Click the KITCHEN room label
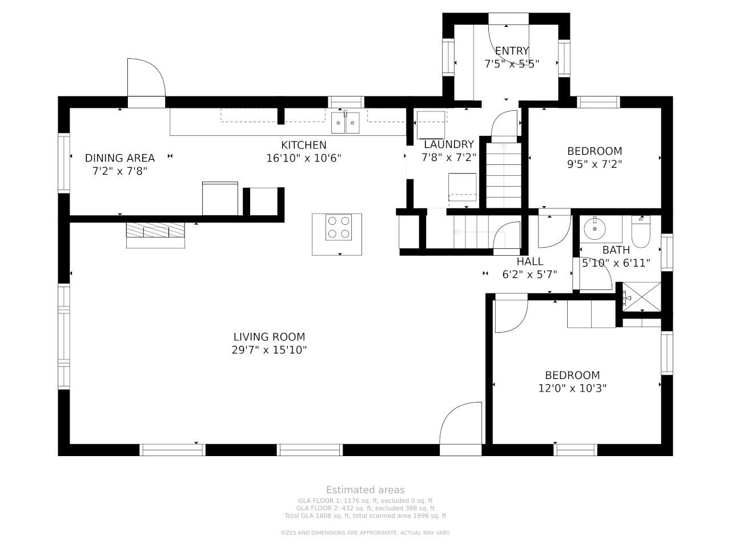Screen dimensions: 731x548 [303, 145]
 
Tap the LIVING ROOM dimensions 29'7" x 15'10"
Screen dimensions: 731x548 [269, 350]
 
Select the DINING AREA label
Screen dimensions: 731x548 [120, 158]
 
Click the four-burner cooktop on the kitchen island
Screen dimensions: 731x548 [338, 227]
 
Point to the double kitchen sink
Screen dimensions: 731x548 [346, 122]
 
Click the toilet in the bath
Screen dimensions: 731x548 [640, 232]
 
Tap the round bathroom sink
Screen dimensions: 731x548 [595, 228]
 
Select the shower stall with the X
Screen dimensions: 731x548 [641, 297]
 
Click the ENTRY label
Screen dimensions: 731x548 [512, 51]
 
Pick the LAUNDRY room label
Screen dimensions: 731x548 [448, 144]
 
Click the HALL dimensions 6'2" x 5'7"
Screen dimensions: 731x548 [529, 275]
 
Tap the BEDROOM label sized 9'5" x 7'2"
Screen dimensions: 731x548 [595, 151]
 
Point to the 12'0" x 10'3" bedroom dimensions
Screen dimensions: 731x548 [572, 388]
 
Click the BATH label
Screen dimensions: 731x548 [616, 250]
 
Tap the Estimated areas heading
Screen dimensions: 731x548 [365, 490]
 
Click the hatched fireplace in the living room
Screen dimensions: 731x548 [155, 230]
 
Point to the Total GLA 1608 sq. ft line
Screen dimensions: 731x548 [365, 515]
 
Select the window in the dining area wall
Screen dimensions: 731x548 [64, 163]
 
